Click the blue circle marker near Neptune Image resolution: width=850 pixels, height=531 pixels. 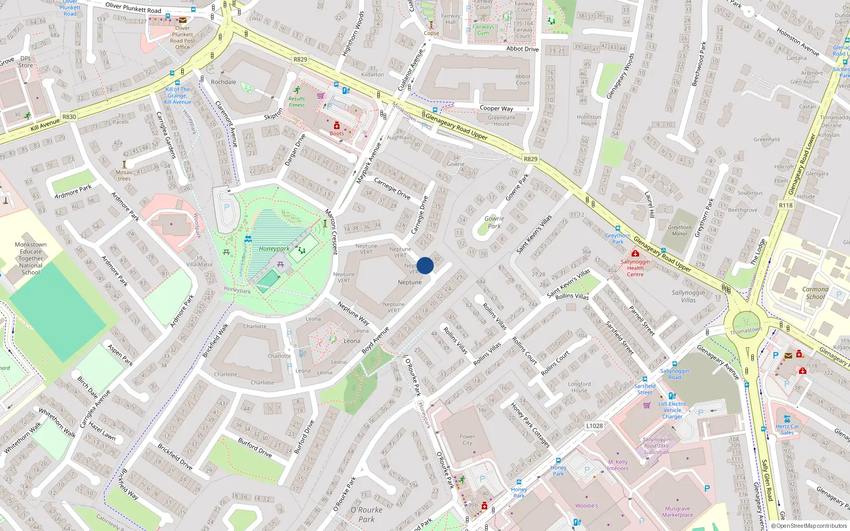(x=425, y=265)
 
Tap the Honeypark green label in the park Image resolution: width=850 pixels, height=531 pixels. (x=274, y=249)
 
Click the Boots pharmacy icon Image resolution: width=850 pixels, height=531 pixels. (x=336, y=126)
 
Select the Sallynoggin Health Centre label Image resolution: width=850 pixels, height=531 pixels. (x=635, y=268)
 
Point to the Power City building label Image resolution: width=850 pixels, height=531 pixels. (x=467, y=440)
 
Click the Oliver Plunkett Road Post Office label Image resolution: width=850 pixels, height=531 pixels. (x=182, y=38)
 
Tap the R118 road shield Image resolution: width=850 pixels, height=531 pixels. (x=785, y=205)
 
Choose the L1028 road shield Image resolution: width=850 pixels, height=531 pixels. (x=594, y=426)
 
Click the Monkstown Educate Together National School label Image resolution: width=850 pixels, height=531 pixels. (x=31, y=259)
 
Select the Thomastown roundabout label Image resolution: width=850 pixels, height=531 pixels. (x=746, y=330)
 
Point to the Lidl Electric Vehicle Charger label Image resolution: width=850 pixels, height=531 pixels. (x=672, y=410)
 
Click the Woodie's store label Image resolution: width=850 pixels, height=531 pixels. (x=586, y=506)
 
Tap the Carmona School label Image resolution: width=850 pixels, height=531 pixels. (x=815, y=293)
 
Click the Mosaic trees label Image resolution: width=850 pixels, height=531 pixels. (x=124, y=175)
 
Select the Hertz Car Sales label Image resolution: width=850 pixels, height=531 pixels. (x=787, y=430)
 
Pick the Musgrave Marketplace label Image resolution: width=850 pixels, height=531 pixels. (x=677, y=511)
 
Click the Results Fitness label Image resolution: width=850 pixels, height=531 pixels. (x=297, y=102)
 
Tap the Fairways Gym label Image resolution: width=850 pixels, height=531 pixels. (x=483, y=30)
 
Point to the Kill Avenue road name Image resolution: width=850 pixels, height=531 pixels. (x=45, y=124)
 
